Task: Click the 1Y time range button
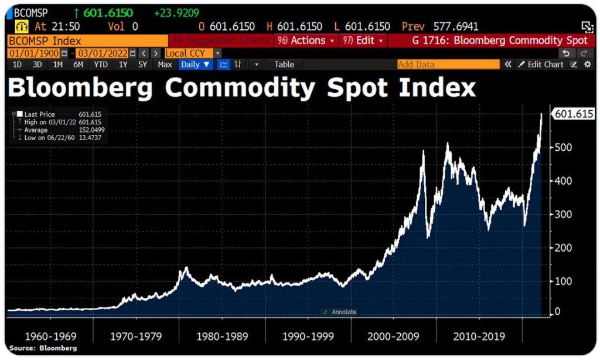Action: click(x=123, y=64)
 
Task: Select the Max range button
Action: click(x=165, y=64)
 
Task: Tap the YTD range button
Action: click(x=101, y=64)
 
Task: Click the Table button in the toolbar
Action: click(x=284, y=64)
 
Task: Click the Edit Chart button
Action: click(x=540, y=64)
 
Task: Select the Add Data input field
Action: click(x=448, y=64)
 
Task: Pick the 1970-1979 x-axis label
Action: click(x=137, y=337)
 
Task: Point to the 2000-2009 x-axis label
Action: click(x=394, y=337)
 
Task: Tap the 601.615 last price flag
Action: click(x=573, y=114)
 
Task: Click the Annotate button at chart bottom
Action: click(x=339, y=312)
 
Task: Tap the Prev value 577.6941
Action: click(x=455, y=26)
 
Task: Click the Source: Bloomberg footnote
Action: click(x=43, y=348)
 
